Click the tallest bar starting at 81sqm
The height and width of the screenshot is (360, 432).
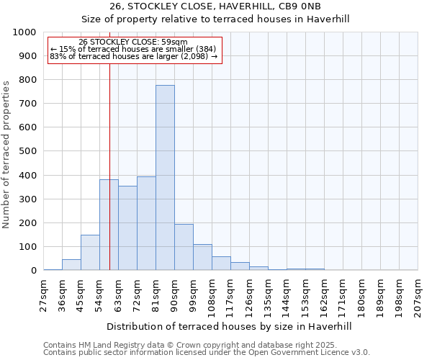pos(165,178)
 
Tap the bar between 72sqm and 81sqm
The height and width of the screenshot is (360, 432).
pos(146,223)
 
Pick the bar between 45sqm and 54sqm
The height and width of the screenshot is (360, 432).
pos(90,252)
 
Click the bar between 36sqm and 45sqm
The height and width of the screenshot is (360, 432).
pos(71,264)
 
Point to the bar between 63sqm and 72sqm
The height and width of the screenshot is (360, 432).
pos(127,228)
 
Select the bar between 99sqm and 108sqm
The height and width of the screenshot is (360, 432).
pos(202,257)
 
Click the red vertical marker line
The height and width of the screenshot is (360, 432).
pos(109,144)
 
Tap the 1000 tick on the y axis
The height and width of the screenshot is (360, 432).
pos(25,32)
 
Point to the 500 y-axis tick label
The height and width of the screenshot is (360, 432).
pos(28,151)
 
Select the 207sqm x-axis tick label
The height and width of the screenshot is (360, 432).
pos(417,292)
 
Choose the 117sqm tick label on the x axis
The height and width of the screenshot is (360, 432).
pos(230,292)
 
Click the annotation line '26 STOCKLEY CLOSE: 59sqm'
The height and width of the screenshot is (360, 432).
pos(133,42)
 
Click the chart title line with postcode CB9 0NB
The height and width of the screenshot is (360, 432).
pos(215,6)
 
